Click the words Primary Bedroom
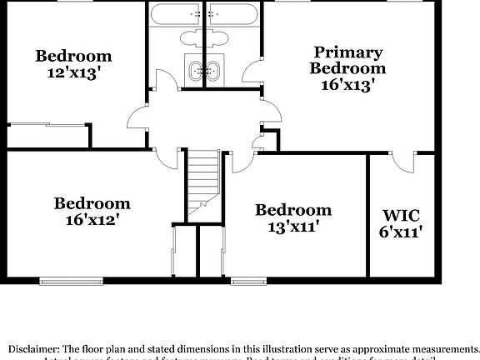tap(347, 60)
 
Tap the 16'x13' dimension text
tap(347, 83)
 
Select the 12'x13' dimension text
tap(73, 72)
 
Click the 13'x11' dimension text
tap(293, 225)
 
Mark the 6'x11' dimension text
tap(402, 232)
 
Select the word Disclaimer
tap(33, 348)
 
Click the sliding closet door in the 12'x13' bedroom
tap(48, 127)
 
